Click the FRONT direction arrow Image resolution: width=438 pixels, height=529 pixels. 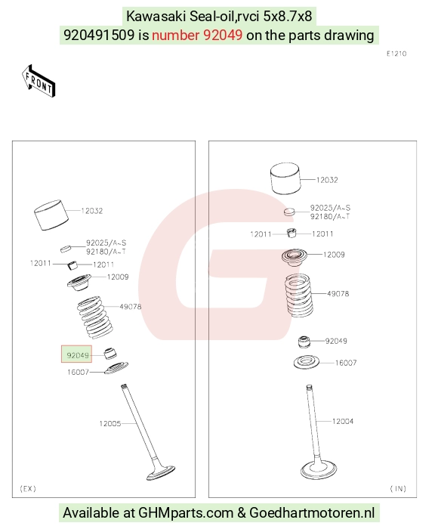[39, 81]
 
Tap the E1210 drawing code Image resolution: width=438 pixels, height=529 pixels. [396, 54]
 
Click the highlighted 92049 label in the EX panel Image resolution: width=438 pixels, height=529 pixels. [78, 355]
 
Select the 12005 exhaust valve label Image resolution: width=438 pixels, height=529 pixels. [110, 423]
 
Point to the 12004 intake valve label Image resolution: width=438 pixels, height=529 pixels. [343, 421]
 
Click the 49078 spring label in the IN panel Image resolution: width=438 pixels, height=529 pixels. [338, 293]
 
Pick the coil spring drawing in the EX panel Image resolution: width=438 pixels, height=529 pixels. [95, 317]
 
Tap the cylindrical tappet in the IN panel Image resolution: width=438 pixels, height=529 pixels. [285, 179]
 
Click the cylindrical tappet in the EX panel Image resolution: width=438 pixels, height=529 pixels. [51, 215]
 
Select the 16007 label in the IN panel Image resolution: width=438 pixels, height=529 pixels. [346, 363]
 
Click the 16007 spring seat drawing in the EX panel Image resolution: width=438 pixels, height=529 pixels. [116, 368]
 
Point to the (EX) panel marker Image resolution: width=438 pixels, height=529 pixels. [28, 488]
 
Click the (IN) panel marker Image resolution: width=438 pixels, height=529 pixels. [398, 488]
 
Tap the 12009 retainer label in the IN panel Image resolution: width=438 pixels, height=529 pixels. [334, 255]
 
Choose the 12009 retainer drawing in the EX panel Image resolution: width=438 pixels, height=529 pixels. [79, 282]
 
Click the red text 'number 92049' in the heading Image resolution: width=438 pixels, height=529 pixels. [197, 35]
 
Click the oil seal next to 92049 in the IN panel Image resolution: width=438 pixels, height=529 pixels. [304, 342]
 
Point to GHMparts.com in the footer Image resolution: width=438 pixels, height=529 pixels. [186, 513]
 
